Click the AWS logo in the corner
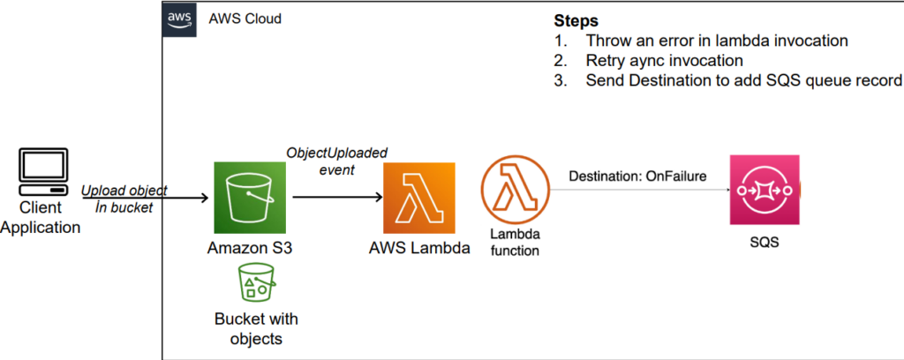(179, 20)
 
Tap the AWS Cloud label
(245, 19)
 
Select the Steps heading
(576, 19)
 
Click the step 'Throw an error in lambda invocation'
(706, 40)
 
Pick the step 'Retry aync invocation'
(664, 60)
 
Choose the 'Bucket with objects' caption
(256, 327)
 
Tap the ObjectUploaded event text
(336, 160)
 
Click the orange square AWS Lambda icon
(418, 196)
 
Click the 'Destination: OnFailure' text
(638, 176)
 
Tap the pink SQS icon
(764, 189)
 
